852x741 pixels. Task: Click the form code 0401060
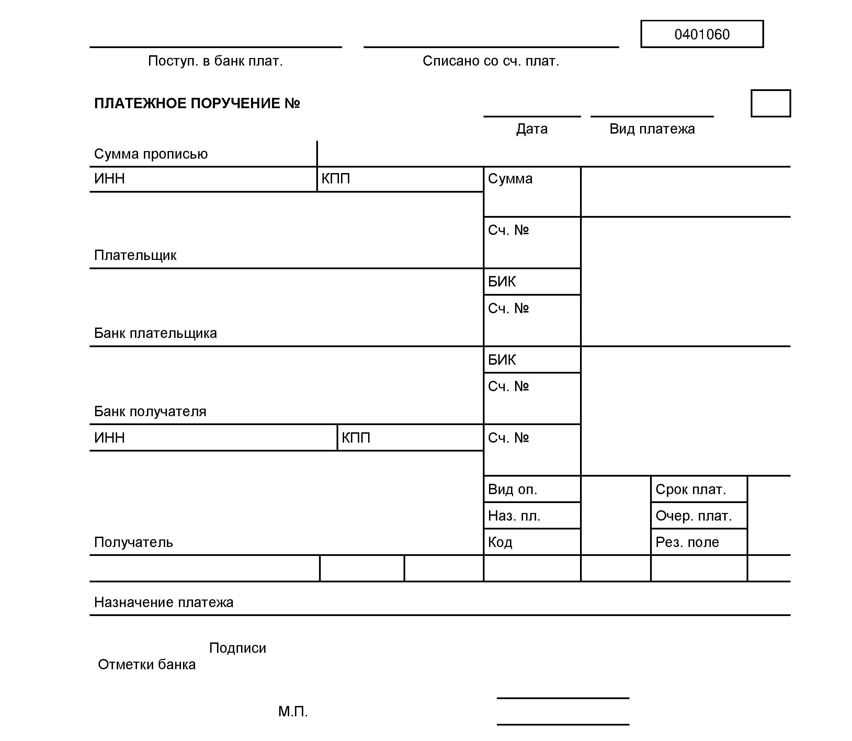coord(702,34)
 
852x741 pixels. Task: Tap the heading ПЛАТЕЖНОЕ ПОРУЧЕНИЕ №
coord(197,103)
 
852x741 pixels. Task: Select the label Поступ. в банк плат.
coord(215,61)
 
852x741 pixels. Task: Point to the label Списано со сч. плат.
coord(490,61)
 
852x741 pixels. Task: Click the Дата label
coord(532,129)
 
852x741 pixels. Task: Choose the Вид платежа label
coord(652,129)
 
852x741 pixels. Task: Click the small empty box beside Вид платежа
coord(770,103)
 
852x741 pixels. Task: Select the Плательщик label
coord(135,255)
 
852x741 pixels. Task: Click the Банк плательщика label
coord(155,333)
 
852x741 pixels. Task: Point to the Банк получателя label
coord(150,411)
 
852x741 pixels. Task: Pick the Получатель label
coord(133,542)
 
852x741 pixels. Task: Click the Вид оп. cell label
coord(512,490)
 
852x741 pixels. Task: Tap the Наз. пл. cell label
coord(514,516)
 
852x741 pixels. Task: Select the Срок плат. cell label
coord(690,490)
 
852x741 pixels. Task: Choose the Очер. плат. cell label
coord(693,516)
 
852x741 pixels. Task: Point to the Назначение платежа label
coord(163,603)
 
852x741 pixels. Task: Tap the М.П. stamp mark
coord(293,711)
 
